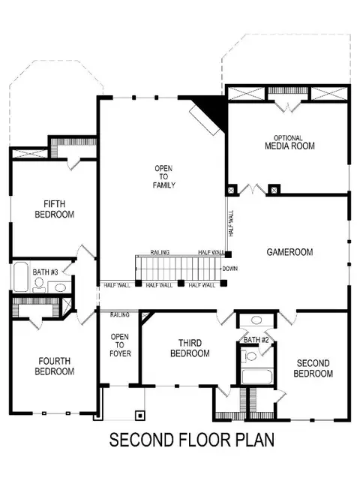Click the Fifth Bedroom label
pos(55,209)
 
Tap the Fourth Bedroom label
pos(55,366)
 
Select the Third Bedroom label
pos(190,348)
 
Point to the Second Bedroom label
pos(313,368)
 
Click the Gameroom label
pos(289,252)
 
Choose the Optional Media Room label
pos(289,143)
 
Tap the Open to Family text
pos(163,176)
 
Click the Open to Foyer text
pos(120,345)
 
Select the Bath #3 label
pos(46,272)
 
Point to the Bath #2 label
pos(256,340)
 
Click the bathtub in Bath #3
pos(21,277)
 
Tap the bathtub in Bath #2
pos(257,377)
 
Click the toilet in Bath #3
pos(39,285)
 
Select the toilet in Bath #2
pos(249,356)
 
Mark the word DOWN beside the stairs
pos(230,269)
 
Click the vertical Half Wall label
pos(231,224)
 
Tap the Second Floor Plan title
pos(192,440)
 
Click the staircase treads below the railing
pos(178,268)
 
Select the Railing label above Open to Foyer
pos(120,314)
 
